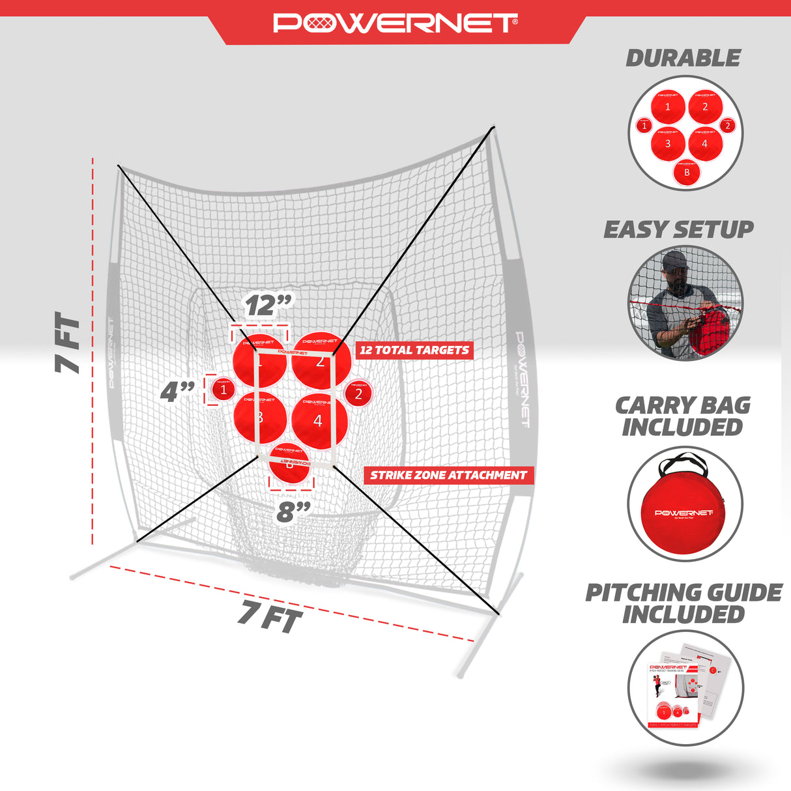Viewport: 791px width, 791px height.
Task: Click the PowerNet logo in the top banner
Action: pyautogui.click(x=395, y=23)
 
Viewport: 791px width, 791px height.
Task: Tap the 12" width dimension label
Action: pyautogui.click(x=268, y=305)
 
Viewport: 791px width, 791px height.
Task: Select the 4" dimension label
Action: pyautogui.click(x=177, y=391)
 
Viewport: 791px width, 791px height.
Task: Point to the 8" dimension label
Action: pyautogui.click(x=293, y=511)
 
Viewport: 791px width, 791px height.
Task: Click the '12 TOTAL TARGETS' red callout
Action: pyautogui.click(x=414, y=351)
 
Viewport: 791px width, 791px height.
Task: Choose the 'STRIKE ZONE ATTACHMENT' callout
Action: pyautogui.click(x=448, y=476)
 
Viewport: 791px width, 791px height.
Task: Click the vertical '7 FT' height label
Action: pyautogui.click(x=68, y=343)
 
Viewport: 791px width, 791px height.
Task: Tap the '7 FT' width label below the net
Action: pyautogui.click(x=270, y=616)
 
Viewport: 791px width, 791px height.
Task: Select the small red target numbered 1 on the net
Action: pyautogui.click(x=223, y=390)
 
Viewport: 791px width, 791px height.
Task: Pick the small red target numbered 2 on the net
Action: pyautogui.click(x=358, y=394)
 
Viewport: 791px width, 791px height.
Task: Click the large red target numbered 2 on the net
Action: pyautogui.click(x=318, y=360)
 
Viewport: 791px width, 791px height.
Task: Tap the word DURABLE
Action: pyautogui.click(x=683, y=58)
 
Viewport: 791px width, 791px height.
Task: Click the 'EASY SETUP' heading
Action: pyautogui.click(x=678, y=229)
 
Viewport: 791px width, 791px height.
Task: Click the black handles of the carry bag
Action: pyautogui.click(x=683, y=463)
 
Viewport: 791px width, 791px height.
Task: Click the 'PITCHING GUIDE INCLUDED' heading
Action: pyautogui.click(x=683, y=603)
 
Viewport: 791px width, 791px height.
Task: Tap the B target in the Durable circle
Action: pyautogui.click(x=687, y=173)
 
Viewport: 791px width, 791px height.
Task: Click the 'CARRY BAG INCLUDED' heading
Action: pyautogui.click(x=683, y=416)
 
